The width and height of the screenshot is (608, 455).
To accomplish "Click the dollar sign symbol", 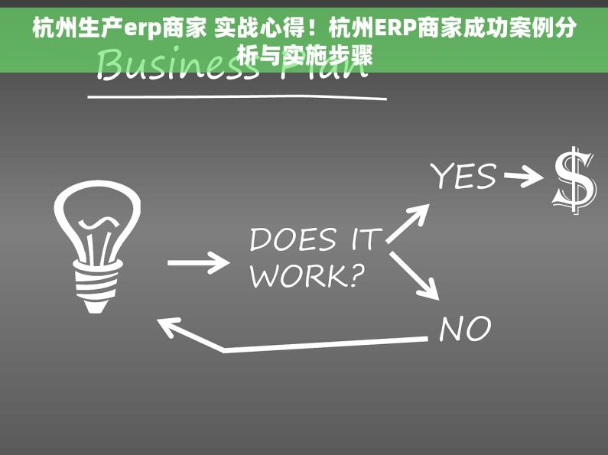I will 574,181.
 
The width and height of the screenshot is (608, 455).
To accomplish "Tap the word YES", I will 463,177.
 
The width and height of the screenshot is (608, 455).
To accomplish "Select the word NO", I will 465,329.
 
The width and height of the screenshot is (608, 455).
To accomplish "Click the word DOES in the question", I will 293,240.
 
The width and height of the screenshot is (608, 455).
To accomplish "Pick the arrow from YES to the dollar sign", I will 523,179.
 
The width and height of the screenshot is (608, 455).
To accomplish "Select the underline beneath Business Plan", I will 237,97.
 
